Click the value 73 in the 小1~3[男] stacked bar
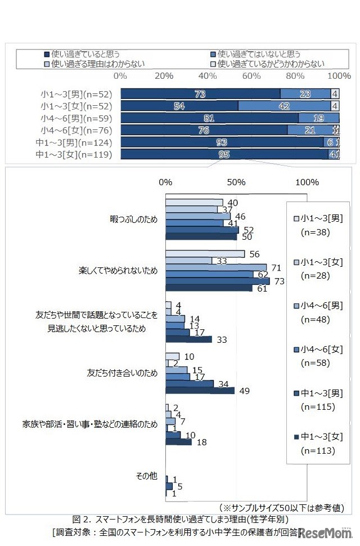click(x=200, y=94)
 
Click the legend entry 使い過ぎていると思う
click(x=85, y=55)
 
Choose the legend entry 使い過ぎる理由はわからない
click(x=93, y=64)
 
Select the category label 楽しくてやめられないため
click(x=118, y=270)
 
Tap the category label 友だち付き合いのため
click(x=122, y=373)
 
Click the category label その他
click(x=147, y=476)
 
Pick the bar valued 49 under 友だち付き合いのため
click(x=200, y=391)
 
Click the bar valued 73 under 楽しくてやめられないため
click(x=217, y=281)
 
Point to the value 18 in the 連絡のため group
click(x=201, y=442)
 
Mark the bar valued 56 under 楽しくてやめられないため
click(x=205, y=254)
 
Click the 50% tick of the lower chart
click(x=236, y=182)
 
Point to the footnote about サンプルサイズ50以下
click(x=282, y=507)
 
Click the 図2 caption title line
click(x=180, y=519)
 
